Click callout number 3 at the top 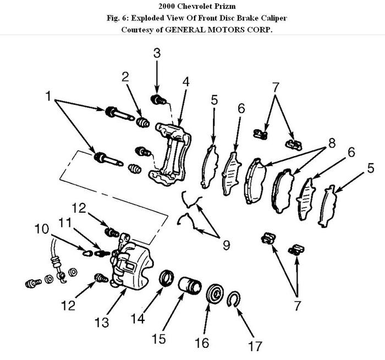[x=157, y=53]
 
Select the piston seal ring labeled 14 [x=166, y=279]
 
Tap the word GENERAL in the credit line [x=182, y=29]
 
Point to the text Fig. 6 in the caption [x=124, y=18]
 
